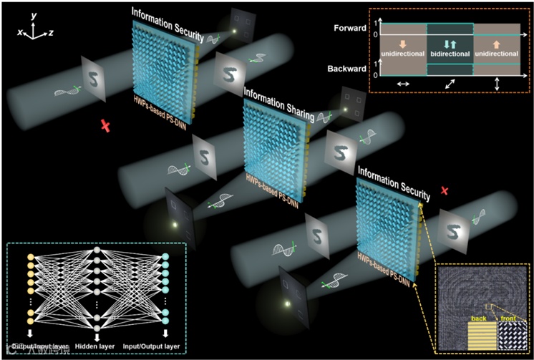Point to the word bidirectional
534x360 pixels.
coord(450,53)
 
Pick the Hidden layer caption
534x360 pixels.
coord(97,346)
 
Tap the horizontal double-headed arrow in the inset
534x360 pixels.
coord(404,84)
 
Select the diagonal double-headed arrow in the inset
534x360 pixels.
coord(450,83)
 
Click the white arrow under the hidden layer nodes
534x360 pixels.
coord(97,335)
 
